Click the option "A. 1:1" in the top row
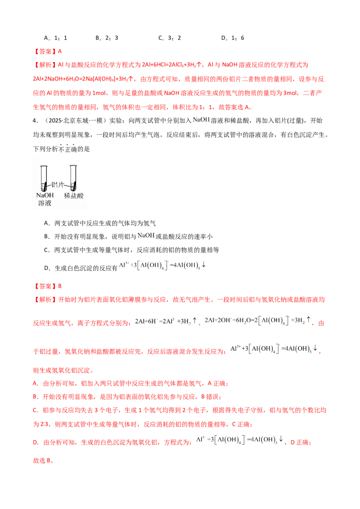[x=55, y=38]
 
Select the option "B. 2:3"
[x=107, y=38]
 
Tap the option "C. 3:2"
[x=170, y=38]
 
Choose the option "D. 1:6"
[x=233, y=38]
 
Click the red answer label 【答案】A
[x=48, y=51]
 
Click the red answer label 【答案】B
[x=48, y=286]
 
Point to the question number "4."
[x=36, y=121]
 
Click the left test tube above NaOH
[x=44, y=178]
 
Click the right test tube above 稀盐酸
[x=73, y=178]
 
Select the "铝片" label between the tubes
[x=58, y=185]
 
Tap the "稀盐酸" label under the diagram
[x=74, y=196]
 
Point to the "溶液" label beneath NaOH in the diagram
[x=45, y=203]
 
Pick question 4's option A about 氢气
[x=100, y=223]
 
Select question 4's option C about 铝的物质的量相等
[x=131, y=250]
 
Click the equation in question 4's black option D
[x=162, y=265]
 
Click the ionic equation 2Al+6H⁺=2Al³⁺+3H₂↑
[x=166, y=321]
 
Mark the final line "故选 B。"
[x=43, y=460]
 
